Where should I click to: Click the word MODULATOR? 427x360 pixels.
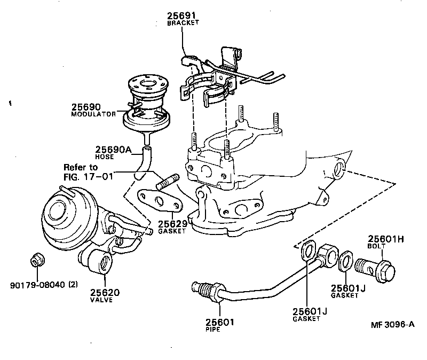click(93, 114)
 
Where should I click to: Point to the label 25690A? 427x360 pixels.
click(113, 150)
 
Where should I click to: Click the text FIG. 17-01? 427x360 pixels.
click(88, 176)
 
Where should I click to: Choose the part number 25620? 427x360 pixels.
click(105, 293)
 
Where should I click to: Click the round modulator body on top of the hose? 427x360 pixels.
click(145, 104)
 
